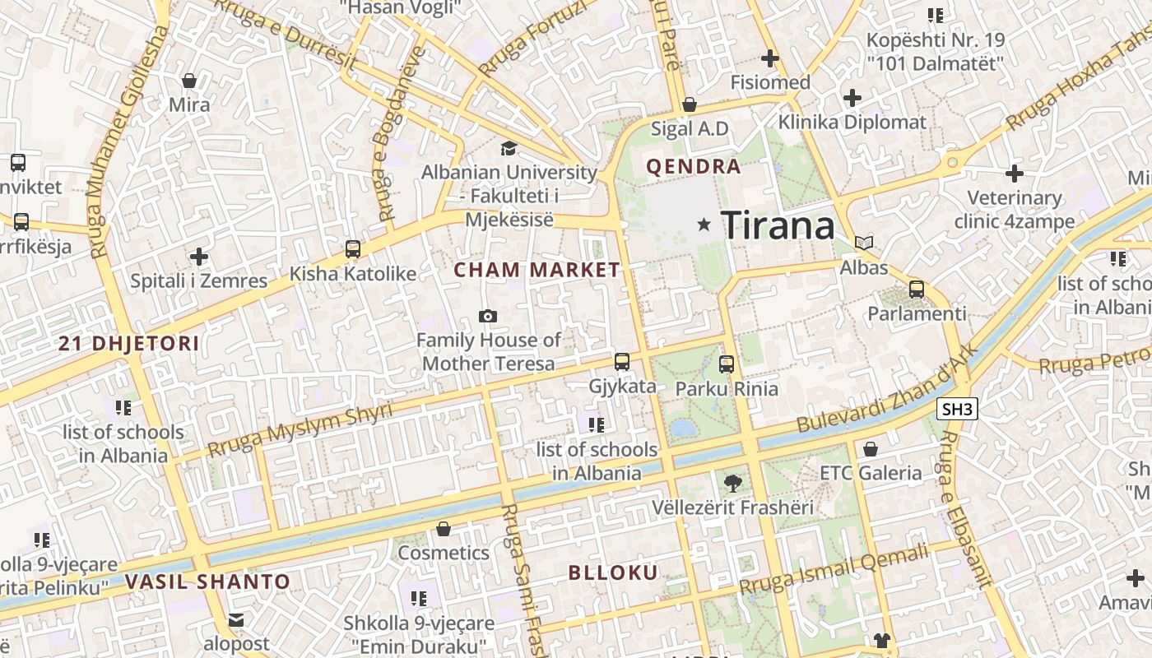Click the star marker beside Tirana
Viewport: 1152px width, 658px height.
[x=704, y=224]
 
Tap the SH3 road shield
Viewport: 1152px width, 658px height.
[x=957, y=409]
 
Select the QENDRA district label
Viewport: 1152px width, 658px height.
[x=694, y=167]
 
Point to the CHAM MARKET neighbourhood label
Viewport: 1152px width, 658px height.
[x=537, y=270]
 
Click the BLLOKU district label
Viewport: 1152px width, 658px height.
[x=614, y=573]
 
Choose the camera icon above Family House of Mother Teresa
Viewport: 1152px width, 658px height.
[x=488, y=316]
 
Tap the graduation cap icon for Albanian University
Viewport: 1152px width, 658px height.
[x=509, y=148]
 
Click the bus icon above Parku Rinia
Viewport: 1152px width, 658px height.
[x=727, y=364]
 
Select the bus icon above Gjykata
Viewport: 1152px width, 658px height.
[x=622, y=361]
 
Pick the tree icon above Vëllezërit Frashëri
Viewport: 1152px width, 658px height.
[x=732, y=483]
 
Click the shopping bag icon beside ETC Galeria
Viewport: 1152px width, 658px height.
[x=871, y=449]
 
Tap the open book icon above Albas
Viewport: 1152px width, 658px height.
[x=863, y=243]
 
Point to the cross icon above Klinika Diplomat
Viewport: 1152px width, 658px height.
[x=852, y=99]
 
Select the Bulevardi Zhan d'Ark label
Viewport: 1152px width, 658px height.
[x=888, y=387]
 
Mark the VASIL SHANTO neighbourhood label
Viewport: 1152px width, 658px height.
[x=208, y=582]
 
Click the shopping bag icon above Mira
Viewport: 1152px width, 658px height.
[x=189, y=81]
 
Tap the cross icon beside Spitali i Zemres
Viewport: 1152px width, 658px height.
[x=198, y=257]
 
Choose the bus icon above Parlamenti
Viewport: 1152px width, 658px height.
[x=917, y=290]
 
